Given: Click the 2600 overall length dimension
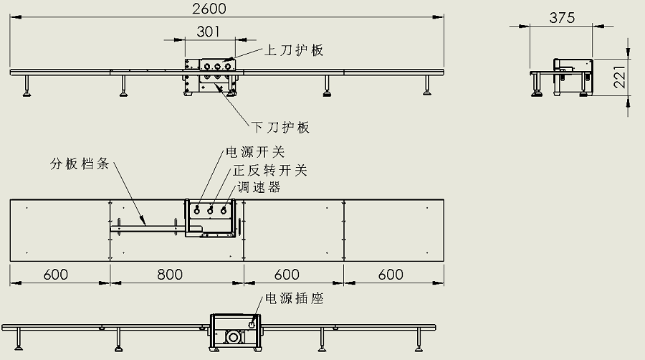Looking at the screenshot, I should (209, 9).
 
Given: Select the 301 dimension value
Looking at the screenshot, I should (208, 32).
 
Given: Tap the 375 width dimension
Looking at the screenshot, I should (561, 19).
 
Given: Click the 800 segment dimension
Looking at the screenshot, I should (170, 275).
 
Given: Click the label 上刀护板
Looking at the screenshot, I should (294, 50).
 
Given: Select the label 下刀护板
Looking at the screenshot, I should (281, 128).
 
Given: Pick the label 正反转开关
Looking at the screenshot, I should (269, 171).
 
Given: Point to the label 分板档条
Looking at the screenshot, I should (79, 164).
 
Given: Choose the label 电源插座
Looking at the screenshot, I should (295, 298).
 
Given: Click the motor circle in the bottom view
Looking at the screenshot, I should (232, 337).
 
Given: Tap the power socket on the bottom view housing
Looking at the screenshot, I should (252, 325).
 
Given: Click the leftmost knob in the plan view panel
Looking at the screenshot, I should (198, 210).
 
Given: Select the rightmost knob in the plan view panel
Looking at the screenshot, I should (224, 210).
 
